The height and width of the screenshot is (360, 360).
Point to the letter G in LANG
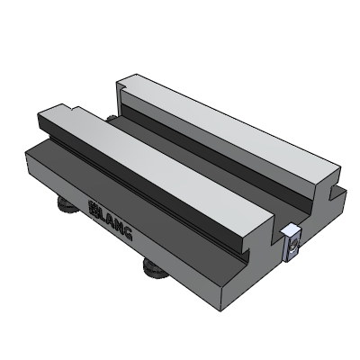tap(129, 236)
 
